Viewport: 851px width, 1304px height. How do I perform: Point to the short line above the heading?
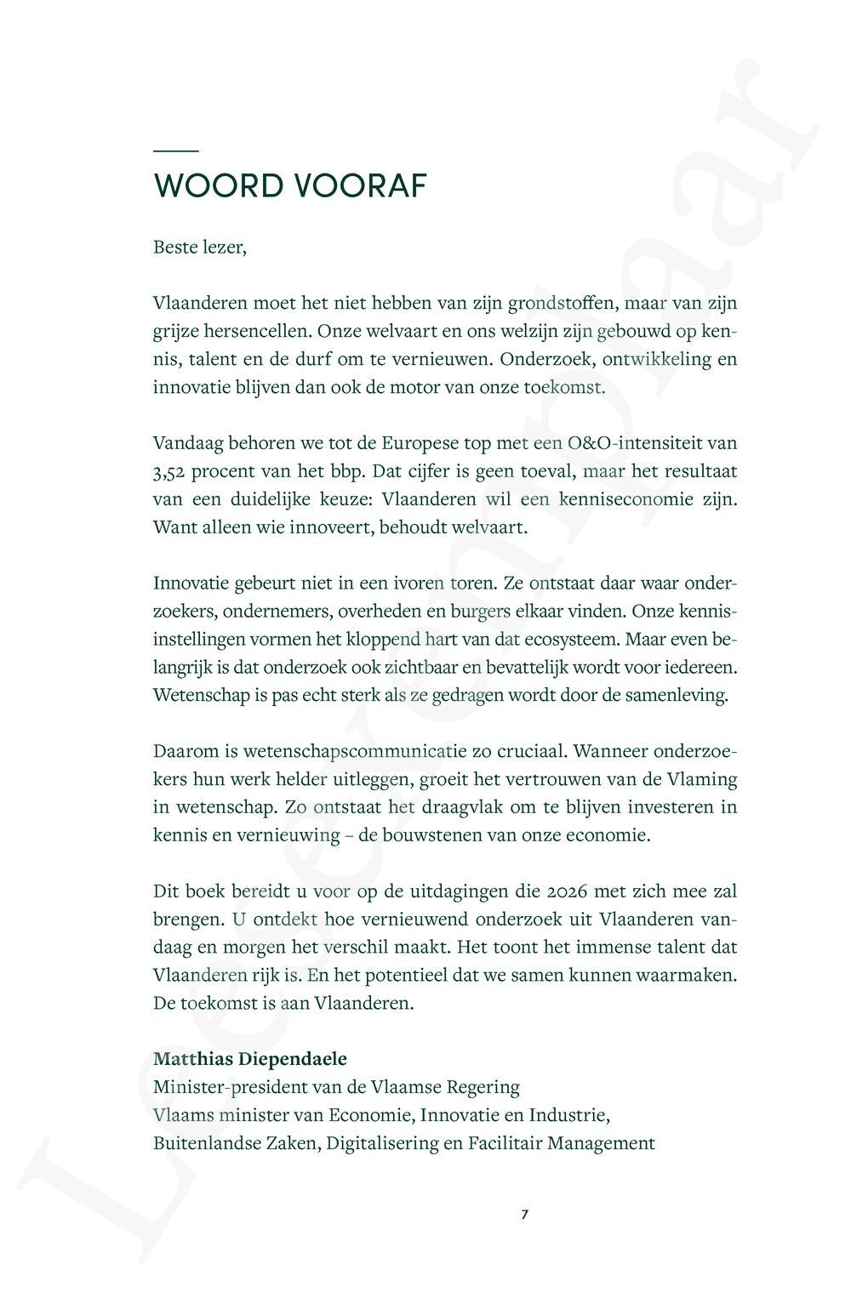point(175,151)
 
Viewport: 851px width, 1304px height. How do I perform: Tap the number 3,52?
point(174,470)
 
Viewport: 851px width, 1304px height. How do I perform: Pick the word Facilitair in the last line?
point(505,1143)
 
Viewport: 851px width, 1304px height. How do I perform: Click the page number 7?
point(524,1215)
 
